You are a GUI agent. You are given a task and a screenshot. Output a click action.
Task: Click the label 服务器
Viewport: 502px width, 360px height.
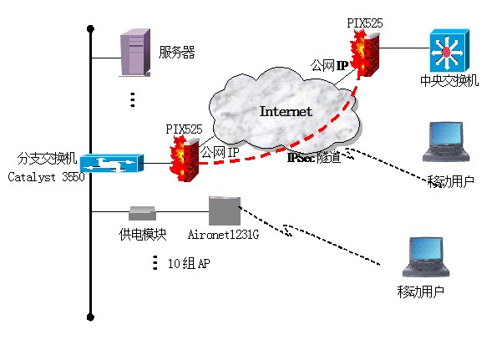click(176, 53)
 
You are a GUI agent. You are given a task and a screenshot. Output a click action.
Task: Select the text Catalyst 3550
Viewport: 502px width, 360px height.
click(46, 177)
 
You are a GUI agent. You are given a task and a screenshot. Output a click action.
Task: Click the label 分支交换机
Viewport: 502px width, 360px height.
click(47, 158)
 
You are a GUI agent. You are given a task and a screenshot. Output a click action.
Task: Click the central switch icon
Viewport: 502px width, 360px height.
click(445, 53)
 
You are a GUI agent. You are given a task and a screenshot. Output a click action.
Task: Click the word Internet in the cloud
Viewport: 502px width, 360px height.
click(286, 111)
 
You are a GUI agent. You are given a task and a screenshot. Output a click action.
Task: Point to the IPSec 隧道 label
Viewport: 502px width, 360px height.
click(314, 157)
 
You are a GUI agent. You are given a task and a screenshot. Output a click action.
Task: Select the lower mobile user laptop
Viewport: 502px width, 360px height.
click(424, 258)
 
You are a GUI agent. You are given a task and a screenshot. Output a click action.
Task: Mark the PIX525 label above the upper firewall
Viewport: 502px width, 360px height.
click(365, 23)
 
